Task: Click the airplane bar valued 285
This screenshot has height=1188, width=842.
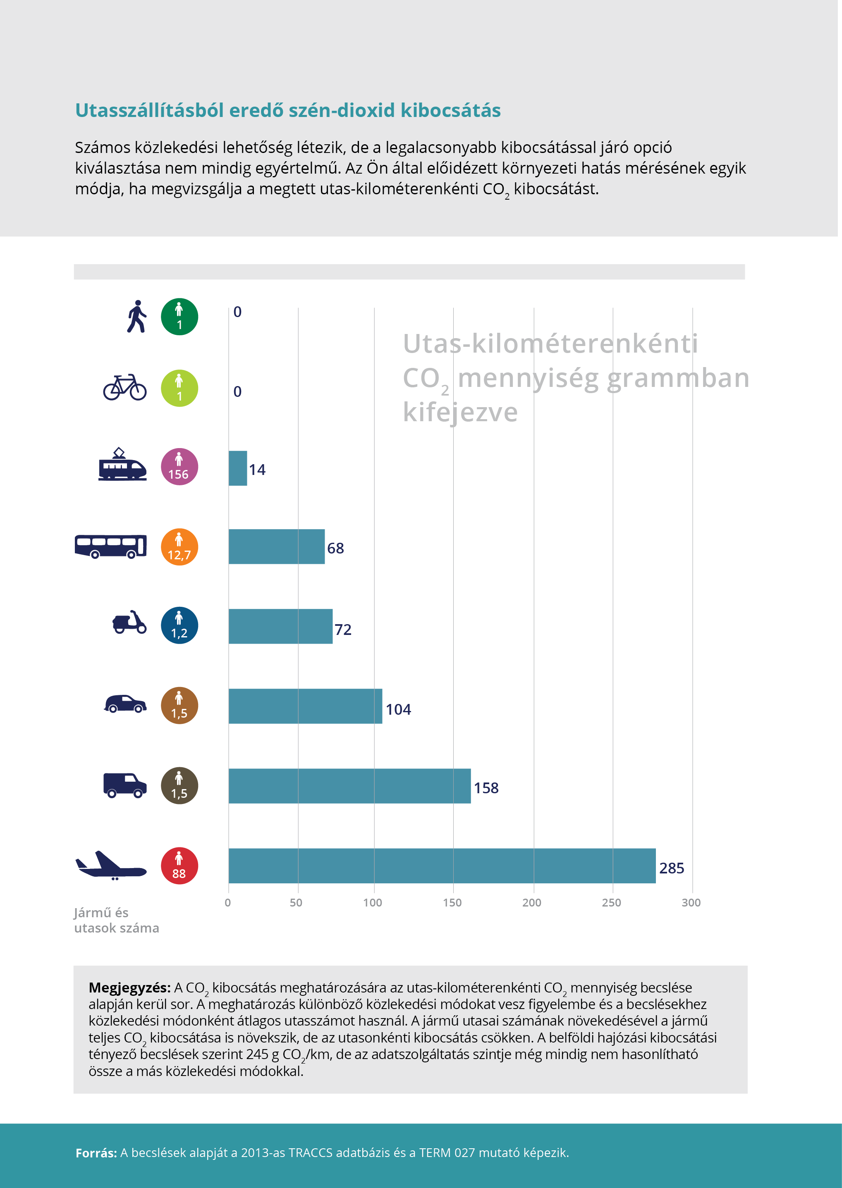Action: tap(442, 866)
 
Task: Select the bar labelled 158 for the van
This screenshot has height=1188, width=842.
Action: tap(349, 786)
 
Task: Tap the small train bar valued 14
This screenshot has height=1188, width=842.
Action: tap(237, 468)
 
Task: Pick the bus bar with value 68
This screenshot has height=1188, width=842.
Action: tap(276, 546)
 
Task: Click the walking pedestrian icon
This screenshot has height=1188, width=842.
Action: tap(136, 317)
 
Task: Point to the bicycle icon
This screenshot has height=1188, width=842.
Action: tap(125, 388)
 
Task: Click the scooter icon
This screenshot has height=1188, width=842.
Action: tap(129, 622)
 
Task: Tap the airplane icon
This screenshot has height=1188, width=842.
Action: tap(111, 865)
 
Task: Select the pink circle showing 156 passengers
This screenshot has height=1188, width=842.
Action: tap(179, 467)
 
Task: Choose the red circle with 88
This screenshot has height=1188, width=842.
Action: tap(179, 866)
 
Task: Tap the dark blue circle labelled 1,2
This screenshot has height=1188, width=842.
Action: tap(179, 625)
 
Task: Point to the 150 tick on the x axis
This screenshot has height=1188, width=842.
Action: tap(452, 902)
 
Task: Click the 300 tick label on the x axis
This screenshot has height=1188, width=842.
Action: tap(691, 902)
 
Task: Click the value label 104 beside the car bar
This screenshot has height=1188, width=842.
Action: tap(398, 709)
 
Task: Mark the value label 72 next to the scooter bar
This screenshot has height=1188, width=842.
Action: tap(343, 630)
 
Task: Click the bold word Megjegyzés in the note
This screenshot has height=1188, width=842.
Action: tap(129, 988)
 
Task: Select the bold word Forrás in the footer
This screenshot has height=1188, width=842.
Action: tap(96, 1153)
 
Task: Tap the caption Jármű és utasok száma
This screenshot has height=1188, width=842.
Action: tap(116, 920)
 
